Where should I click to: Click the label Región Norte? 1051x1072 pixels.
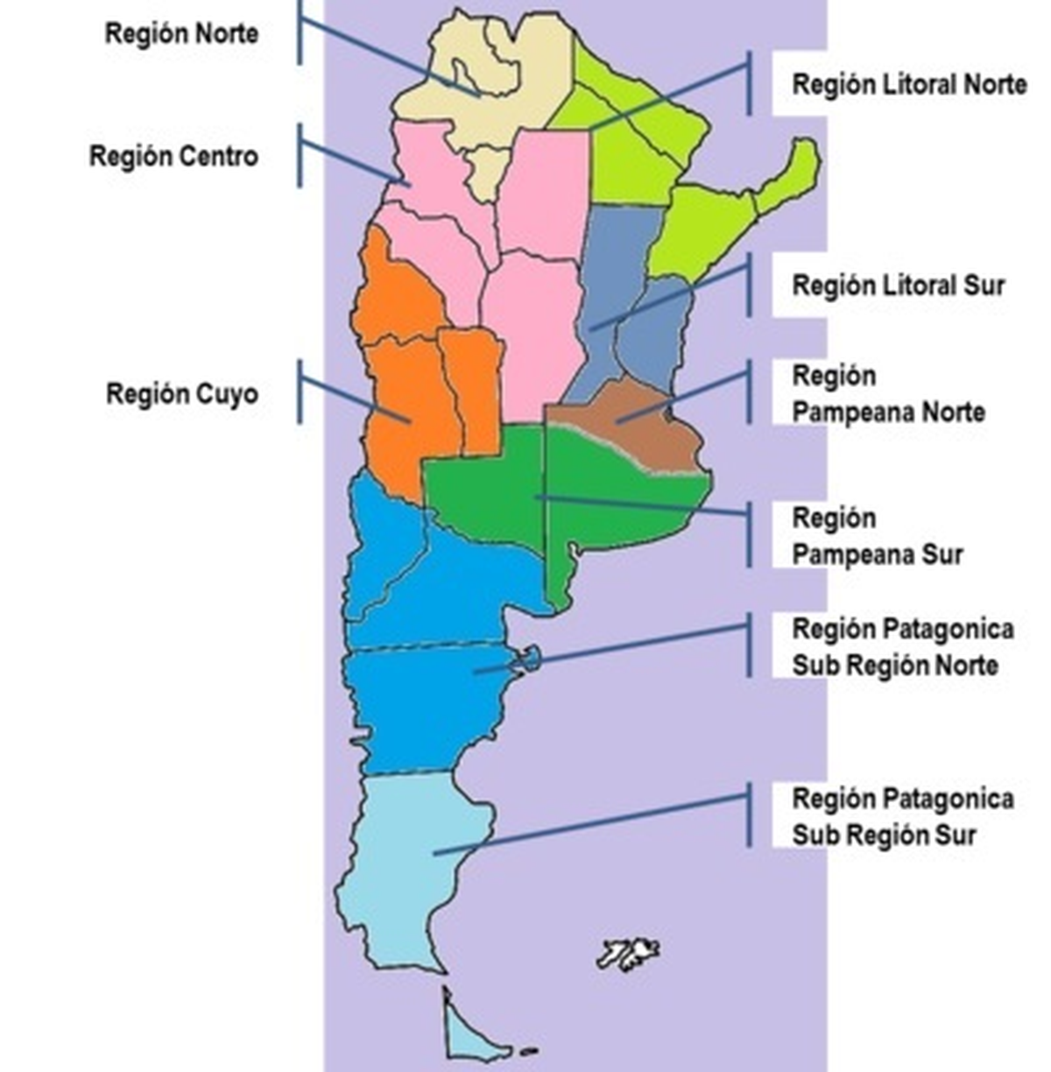[181, 34]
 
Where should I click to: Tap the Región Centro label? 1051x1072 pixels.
[173, 157]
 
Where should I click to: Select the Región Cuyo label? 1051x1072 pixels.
[182, 393]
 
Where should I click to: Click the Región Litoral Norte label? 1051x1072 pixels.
[909, 84]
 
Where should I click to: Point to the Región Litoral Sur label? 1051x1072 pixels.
[898, 286]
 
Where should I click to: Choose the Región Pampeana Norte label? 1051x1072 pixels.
[888, 394]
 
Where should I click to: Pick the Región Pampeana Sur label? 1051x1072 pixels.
[877, 536]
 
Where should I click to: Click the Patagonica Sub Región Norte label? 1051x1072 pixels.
[902, 647]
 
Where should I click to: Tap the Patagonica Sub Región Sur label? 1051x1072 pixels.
[902, 816]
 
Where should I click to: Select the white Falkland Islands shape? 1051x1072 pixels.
[628, 953]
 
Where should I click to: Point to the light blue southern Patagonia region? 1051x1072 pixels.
[412, 858]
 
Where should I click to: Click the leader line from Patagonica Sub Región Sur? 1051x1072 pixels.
[596, 823]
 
